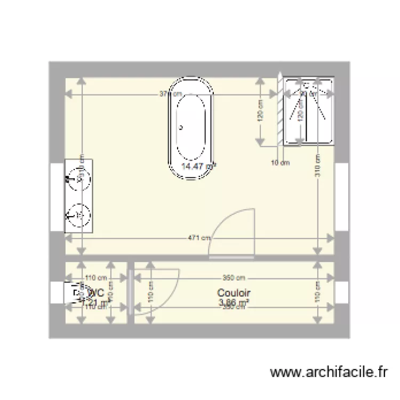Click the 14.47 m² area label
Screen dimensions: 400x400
[x=198, y=166]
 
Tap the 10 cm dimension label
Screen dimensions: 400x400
[x=280, y=163]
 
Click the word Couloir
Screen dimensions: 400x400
[x=234, y=293]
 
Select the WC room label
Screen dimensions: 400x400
[x=96, y=293]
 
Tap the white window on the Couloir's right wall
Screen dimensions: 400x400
[x=341, y=293]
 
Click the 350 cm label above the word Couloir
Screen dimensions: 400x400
[x=234, y=278]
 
